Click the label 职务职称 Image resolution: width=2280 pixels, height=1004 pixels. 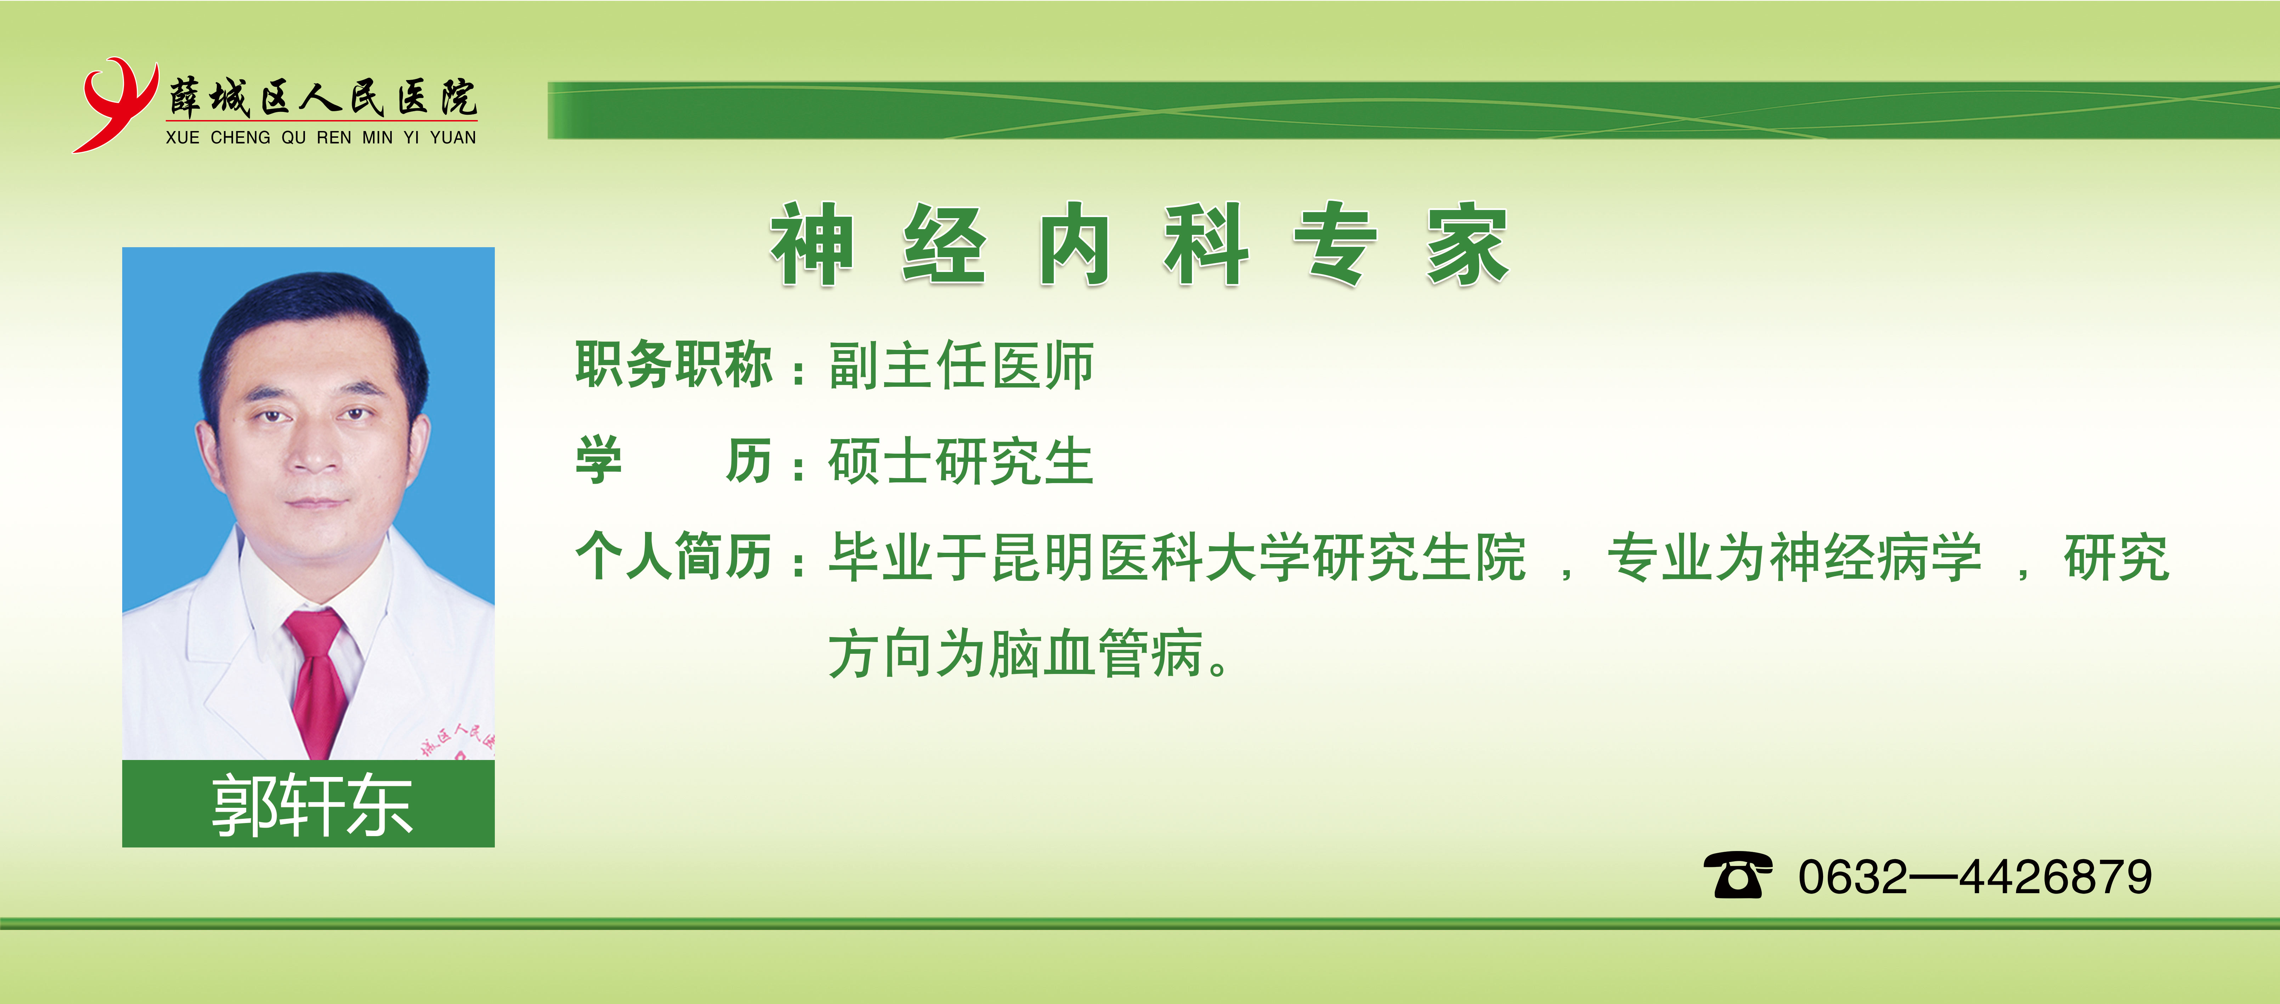pyautogui.click(x=674, y=364)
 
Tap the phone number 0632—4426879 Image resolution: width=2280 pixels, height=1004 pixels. pyautogui.click(x=1975, y=877)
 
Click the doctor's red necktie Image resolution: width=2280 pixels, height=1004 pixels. pyautogui.click(x=316, y=681)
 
